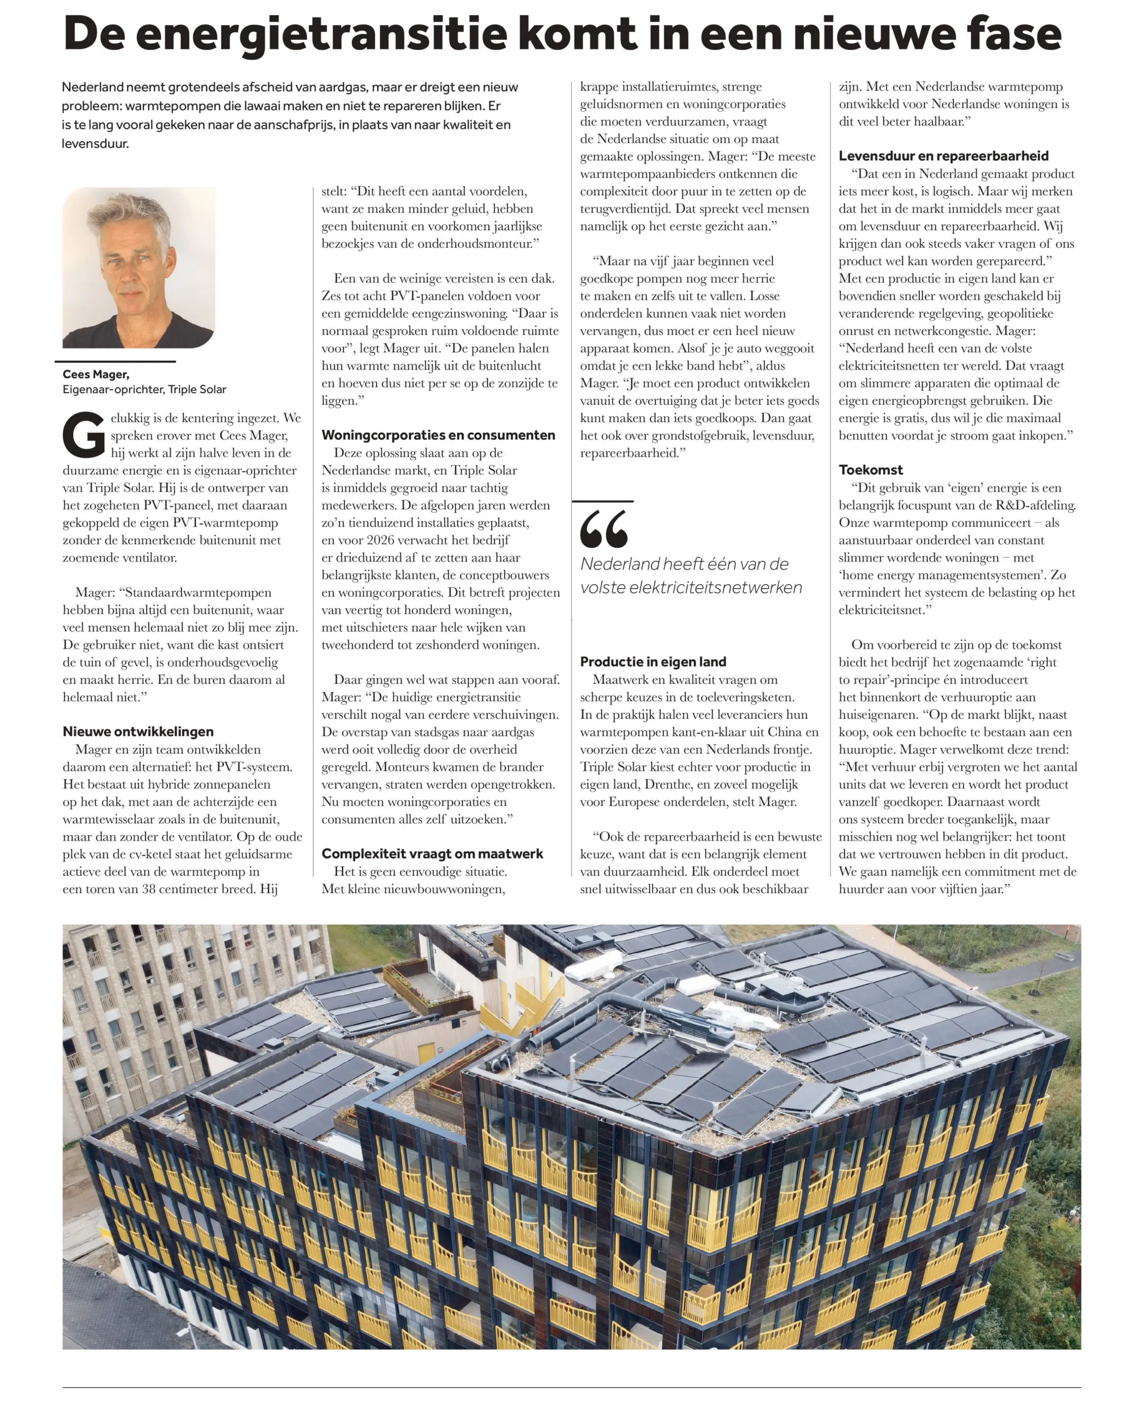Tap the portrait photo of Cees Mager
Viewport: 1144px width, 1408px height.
click(139, 268)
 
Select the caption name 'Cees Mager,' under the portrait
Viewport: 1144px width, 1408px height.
click(96, 374)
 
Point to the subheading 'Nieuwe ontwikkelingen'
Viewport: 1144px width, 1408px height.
click(139, 732)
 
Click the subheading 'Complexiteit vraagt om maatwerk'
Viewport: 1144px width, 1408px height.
click(432, 854)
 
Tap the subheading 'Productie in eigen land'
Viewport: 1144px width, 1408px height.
click(653, 662)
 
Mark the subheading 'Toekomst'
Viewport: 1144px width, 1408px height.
click(871, 469)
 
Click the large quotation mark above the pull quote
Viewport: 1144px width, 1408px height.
click(604, 529)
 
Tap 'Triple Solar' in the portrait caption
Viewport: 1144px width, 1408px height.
click(197, 389)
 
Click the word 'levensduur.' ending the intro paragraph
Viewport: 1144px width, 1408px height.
click(95, 143)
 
